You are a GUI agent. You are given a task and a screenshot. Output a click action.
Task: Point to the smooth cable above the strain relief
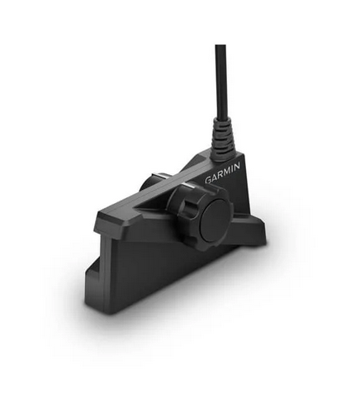click(220, 83)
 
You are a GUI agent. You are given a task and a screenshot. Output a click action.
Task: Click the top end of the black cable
click(220, 48)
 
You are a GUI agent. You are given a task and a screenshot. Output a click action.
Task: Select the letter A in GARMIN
click(215, 177)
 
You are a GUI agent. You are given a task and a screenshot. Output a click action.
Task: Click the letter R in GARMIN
click(220, 177)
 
